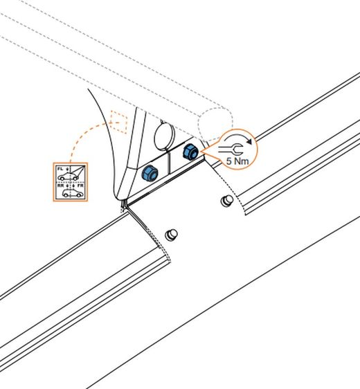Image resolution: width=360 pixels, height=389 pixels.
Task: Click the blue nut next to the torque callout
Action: pos(190,152)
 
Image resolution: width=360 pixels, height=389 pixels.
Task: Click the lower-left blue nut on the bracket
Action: pos(150,172)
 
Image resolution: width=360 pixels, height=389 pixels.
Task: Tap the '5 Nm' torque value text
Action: pos(237,161)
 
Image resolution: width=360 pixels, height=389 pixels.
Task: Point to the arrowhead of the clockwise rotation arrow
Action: pos(249,141)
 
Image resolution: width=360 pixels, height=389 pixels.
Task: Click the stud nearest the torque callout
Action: pos(227,200)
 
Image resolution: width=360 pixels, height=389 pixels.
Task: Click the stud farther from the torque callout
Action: pos(171,235)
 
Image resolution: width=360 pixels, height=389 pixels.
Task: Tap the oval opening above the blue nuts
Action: pos(164,136)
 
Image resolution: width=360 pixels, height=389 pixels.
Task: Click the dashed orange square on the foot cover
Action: pos(119,122)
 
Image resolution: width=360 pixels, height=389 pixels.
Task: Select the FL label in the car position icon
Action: pos(60,169)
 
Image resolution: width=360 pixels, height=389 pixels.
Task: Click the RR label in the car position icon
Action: pos(60,186)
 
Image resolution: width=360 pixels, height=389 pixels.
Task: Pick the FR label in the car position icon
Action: pos(80,186)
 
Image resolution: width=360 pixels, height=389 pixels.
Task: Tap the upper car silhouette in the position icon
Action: pos(68,177)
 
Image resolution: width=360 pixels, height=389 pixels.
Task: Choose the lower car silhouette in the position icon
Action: pos(73,193)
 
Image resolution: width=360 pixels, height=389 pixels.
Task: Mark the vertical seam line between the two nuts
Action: pos(170,163)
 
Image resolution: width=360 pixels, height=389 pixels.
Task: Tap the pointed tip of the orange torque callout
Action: pos(201,151)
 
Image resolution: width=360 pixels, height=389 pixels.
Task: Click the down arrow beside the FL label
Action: pos(67,170)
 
